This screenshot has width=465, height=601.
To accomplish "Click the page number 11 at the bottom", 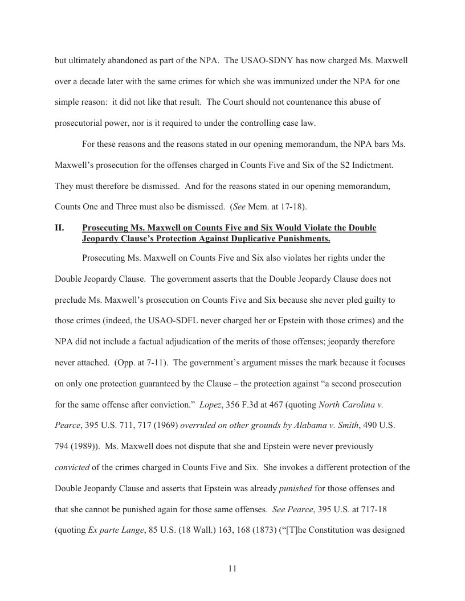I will coord(232,568).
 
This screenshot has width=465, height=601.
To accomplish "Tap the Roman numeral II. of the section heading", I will coord(59,228).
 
